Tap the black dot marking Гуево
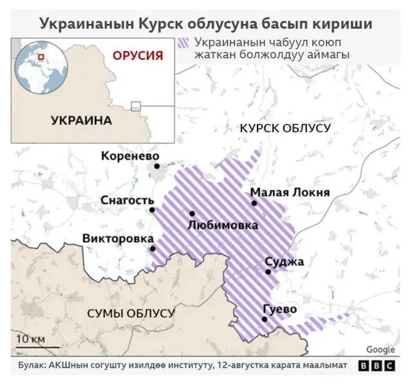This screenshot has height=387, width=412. pos(265,319)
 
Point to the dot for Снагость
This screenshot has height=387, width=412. pos(152,210)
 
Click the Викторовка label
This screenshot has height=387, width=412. pos(113,239)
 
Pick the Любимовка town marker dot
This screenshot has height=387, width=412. pos(192,214)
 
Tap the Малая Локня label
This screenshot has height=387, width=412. pos(290,193)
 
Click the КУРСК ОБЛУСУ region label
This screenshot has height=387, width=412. pos(285,128)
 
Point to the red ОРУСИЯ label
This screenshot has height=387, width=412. pos(137,55)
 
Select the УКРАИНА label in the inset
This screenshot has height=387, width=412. pos(80,120)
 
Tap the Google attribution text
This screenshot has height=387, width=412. pos(380,350)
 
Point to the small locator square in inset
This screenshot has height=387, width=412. pos(136,106)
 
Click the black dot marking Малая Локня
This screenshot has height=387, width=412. pos(254,203)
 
